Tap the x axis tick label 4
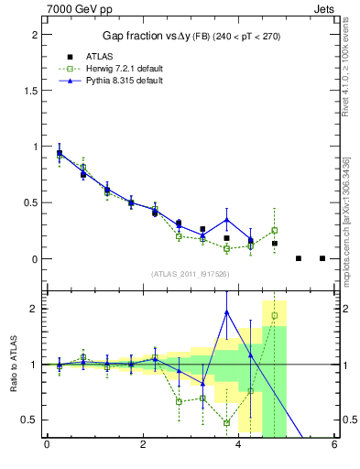[x=238, y=446]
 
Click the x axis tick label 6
[x=333, y=446]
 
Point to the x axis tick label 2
[x=143, y=446]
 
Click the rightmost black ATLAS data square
[x=322, y=258]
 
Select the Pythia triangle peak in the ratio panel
[x=226, y=312]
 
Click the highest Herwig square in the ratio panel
[x=274, y=316]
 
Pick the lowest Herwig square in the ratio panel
[x=226, y=423]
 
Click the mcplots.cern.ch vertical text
[x=354, y=211]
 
